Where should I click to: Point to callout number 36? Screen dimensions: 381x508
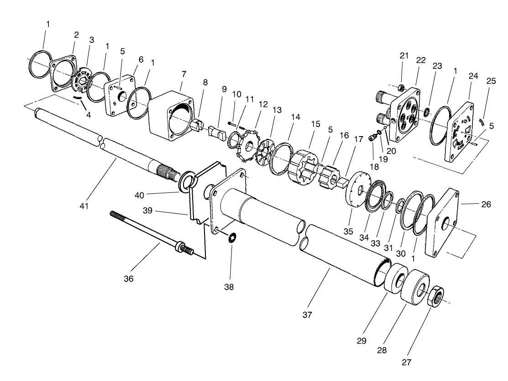tap(129, 278)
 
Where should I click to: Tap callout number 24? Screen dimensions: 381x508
tap(473, 76)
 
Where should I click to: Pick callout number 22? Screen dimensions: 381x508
tap(421, 60)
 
